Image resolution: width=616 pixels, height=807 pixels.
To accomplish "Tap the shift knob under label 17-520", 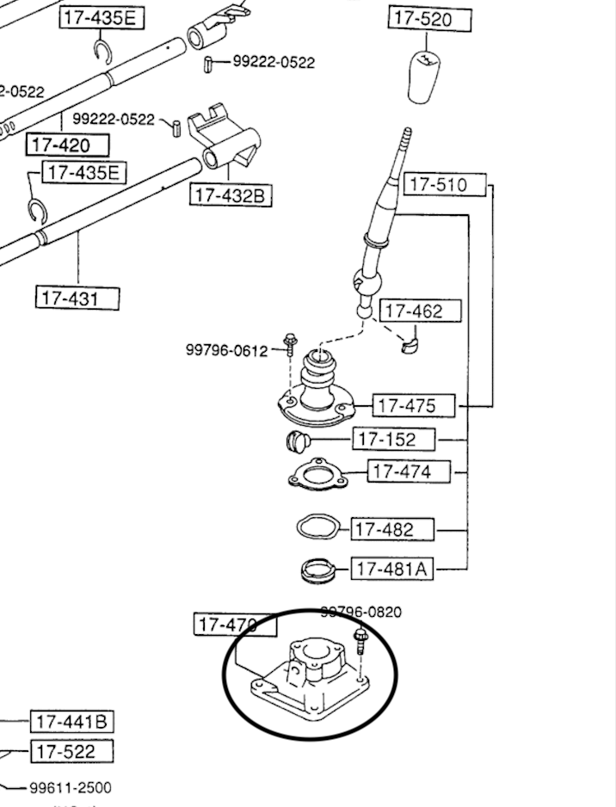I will [424, 76].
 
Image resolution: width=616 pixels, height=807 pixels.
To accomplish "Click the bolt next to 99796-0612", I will [291, 347].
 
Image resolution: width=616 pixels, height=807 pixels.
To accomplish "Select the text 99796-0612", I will [226, 350].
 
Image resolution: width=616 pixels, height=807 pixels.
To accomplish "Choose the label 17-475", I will [405, 405].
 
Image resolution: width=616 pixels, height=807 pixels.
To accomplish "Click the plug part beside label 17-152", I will [298, 441].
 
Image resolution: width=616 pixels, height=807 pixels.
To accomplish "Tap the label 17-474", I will [401, 471].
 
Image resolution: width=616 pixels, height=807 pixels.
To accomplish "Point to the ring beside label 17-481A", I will [317, 569].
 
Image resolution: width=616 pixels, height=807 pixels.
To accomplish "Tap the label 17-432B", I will [230, 195].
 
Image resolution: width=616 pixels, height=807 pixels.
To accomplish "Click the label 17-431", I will [77, 299].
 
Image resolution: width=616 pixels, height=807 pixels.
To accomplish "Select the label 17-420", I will [69, 145].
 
